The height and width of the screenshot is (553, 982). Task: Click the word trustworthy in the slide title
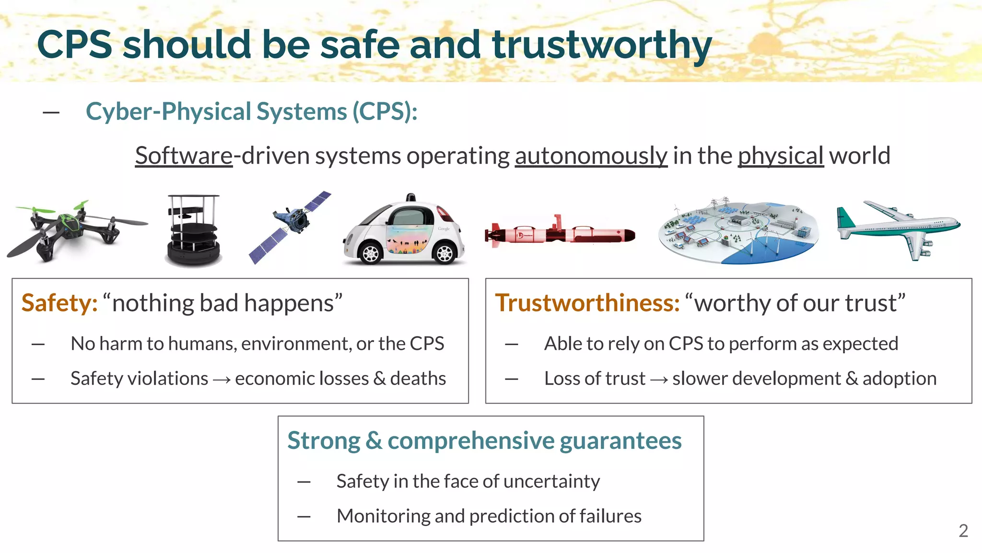(x=602, y=45)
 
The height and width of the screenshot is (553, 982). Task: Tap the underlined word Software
(x=184, y=156)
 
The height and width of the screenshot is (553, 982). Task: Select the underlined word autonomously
(x=591, y=156)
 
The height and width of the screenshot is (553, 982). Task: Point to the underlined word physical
(x=780, y=156)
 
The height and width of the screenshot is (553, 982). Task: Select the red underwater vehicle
(x=560, y=234)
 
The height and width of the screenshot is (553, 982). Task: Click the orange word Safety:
(x=59, y=303)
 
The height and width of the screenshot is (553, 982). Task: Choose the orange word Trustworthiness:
(x=587, y=303)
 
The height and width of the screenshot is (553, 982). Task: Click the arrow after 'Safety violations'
(x=222, y=380)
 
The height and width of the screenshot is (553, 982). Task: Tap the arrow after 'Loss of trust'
(x=659, y=380)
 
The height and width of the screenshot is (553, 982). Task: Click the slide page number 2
(x=963, y=530)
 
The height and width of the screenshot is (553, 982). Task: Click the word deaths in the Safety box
(x=418, y=378)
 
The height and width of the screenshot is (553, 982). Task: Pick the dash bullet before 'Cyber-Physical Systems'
(x=51, y=113)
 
